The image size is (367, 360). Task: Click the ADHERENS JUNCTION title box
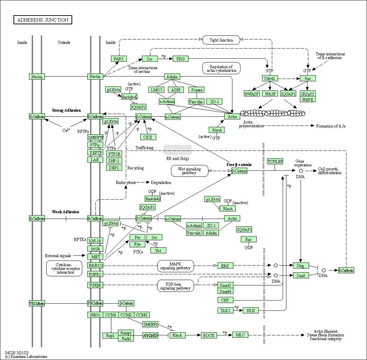43,20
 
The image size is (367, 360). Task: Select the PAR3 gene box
119,59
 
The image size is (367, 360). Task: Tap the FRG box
180,59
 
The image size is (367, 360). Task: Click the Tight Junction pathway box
221,40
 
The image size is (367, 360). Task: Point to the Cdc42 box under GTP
270,78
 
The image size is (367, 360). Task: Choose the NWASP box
251,94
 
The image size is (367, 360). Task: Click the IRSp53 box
308,94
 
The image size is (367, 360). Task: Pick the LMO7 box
157,90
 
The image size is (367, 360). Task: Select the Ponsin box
197,90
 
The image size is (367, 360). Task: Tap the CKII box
148,137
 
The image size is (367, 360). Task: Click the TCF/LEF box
275,161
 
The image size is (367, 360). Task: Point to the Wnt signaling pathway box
190,171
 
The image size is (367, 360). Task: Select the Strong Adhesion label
66,110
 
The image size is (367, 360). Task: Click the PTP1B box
114,154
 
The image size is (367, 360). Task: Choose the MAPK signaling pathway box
175,266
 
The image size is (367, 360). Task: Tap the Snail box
301,275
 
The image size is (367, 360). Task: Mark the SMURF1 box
150,325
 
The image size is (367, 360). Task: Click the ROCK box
209,335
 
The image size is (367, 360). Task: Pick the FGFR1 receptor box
95,274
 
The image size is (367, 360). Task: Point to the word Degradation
161,183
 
